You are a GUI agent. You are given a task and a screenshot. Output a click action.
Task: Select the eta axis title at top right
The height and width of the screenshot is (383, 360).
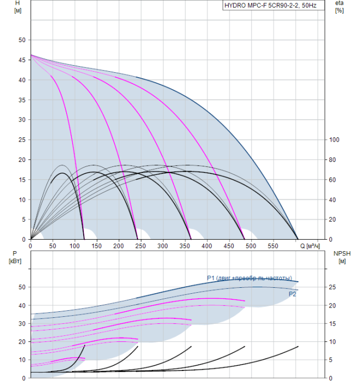point(339,7)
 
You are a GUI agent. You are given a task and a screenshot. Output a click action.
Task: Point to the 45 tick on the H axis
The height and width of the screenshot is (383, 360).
point(22,60)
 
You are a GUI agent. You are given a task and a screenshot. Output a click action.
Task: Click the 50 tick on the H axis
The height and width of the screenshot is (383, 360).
point(22,40)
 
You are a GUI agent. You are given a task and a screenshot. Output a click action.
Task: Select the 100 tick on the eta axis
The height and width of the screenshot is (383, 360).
point(334,140)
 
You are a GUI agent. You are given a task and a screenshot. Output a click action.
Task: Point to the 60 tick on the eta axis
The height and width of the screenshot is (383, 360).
point(332,180)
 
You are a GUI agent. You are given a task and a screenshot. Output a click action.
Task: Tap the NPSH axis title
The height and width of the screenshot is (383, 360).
point(340,257)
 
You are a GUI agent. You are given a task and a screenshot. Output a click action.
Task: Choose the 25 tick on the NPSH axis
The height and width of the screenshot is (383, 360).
point(332,287)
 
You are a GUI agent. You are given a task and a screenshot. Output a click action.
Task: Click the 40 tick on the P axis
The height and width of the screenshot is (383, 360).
point(22,305)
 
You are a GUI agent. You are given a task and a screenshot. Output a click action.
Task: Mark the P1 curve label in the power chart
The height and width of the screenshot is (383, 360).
point(249,278)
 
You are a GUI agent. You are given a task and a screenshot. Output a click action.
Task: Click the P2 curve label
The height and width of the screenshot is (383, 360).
point(293,294)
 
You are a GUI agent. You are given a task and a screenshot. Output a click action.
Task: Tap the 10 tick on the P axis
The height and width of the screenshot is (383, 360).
point(22,359)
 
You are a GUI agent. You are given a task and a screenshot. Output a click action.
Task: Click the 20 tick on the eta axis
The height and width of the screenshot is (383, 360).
point(332,219)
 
